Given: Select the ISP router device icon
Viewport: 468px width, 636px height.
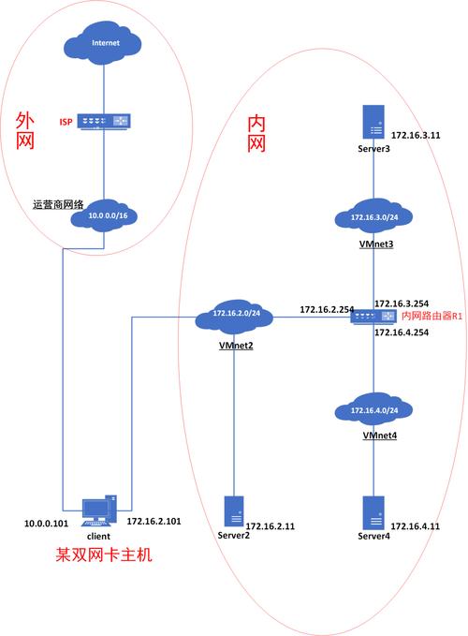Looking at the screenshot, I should [103, 122].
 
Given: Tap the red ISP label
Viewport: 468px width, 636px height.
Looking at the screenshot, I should [65, 122].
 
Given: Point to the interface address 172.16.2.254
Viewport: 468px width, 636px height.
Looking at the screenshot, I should [324, 308].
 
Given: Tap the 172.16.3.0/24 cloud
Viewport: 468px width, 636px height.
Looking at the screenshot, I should [374, 218].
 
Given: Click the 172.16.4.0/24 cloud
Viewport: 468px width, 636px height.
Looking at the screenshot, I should [374, 410].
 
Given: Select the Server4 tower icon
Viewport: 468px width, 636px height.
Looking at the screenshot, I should [374, 512].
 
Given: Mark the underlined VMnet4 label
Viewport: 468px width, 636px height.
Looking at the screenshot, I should [374, 436].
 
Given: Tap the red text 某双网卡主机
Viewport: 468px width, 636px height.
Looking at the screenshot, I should [103, 555].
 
